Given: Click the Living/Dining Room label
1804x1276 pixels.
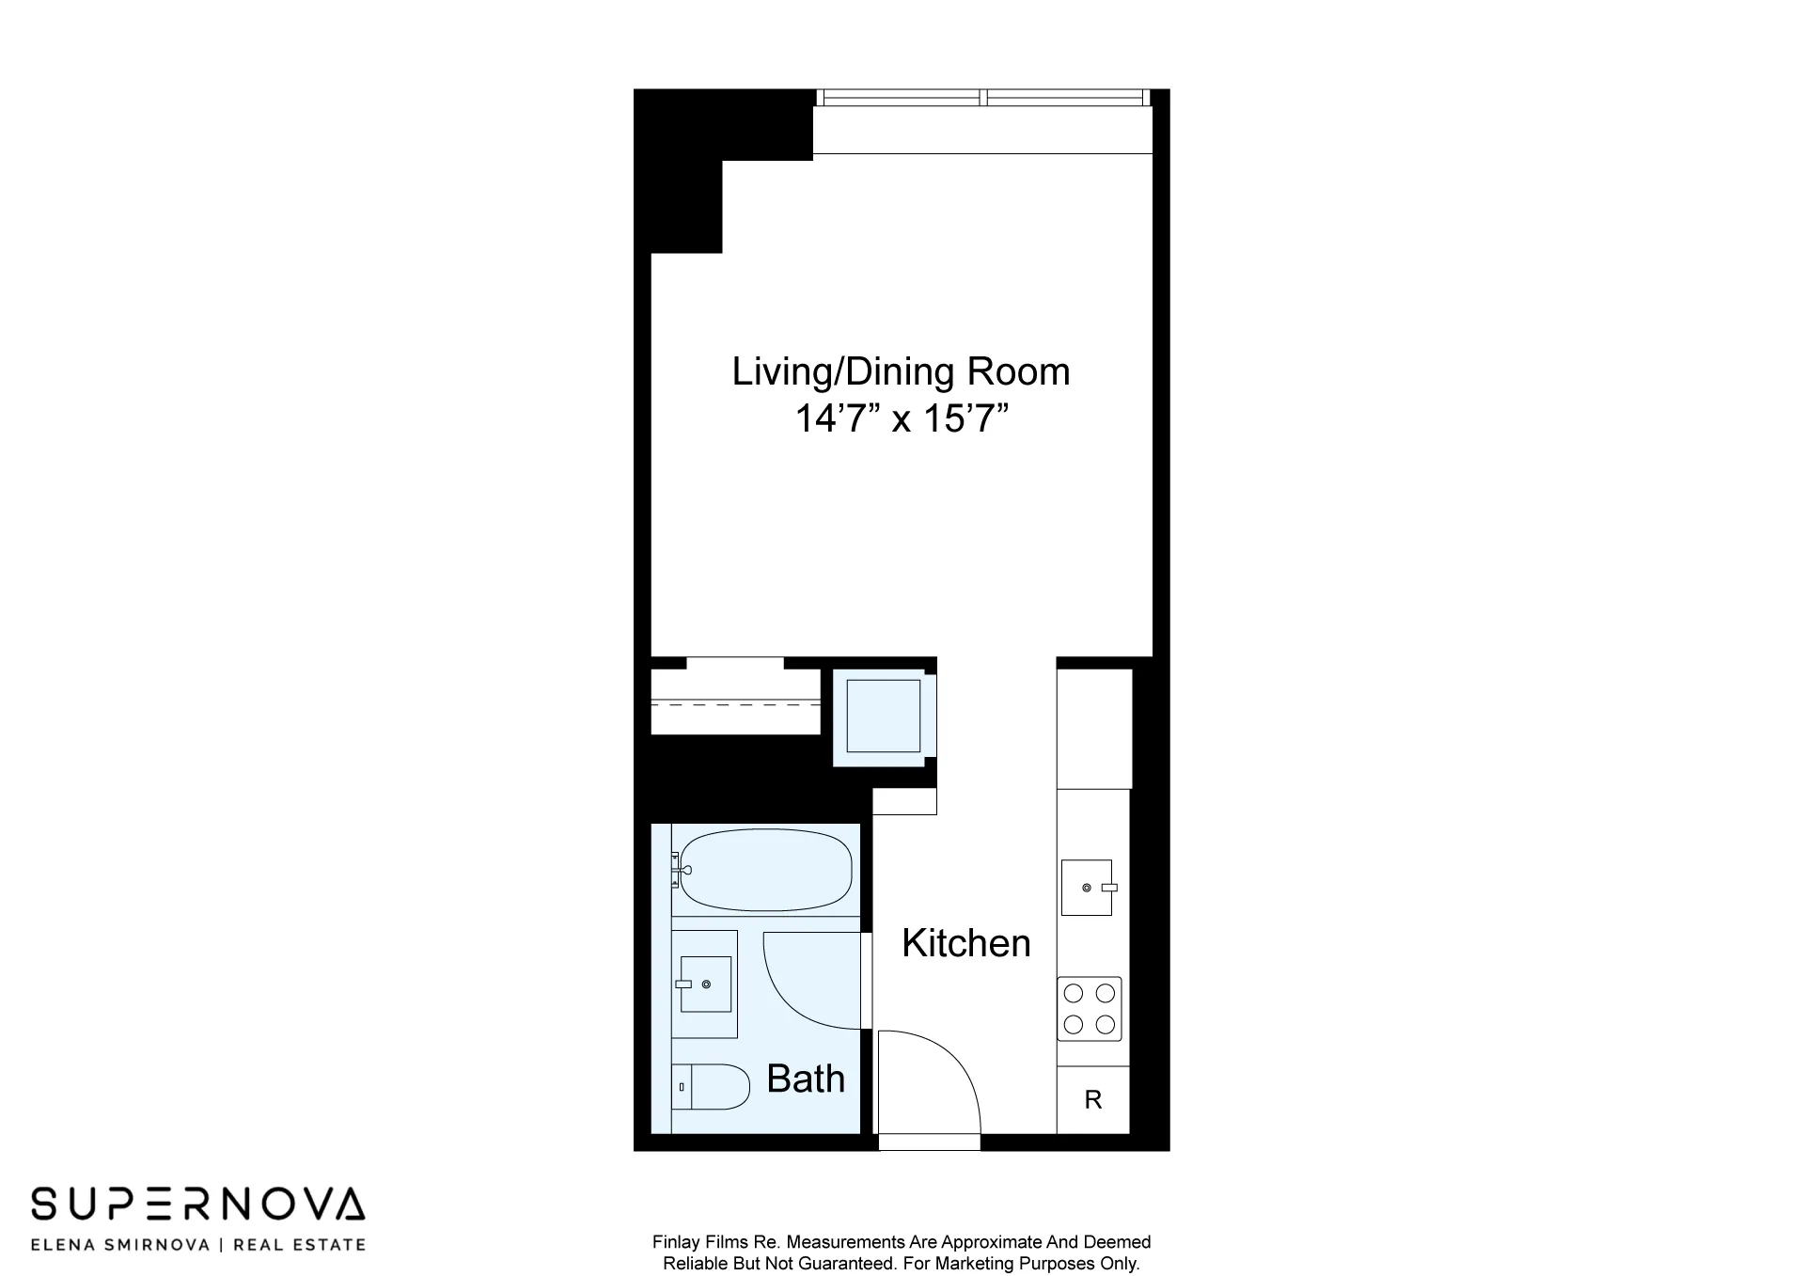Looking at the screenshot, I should [901, 372].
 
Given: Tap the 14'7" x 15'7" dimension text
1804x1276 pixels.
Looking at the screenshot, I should [901, 418].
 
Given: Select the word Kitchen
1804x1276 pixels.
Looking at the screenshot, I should [965, 943].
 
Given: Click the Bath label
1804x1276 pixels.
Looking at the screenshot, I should [806, 1079].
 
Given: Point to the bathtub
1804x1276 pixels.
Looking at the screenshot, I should [766, 870].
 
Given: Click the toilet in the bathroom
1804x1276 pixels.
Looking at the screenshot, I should [713, 1087].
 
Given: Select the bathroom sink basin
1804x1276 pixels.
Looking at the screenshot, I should [705, 984].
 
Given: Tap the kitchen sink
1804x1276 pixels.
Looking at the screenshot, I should [1087, 888].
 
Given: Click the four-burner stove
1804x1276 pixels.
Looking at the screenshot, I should [1090, 1009].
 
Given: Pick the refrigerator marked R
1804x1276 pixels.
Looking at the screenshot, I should [1092, 1100].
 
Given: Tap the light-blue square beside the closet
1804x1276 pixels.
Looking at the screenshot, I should [883, 717].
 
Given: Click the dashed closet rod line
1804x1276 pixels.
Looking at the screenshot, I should [736, 703].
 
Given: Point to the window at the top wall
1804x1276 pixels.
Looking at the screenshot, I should [982, 98].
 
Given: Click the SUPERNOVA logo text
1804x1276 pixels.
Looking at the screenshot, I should [197, 1205].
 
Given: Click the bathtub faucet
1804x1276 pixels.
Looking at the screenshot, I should [677, 870].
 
